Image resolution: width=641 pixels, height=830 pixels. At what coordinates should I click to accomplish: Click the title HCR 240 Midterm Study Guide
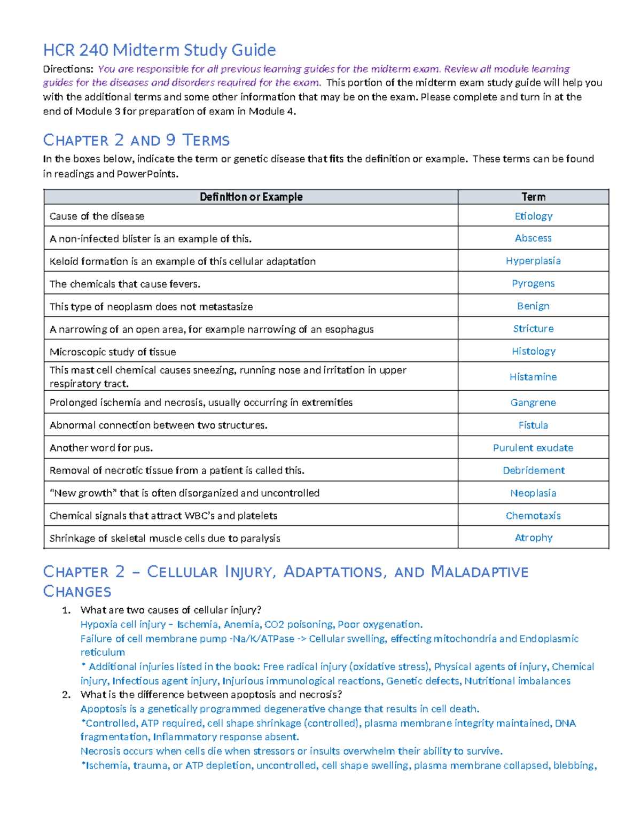click(x=159, y=50)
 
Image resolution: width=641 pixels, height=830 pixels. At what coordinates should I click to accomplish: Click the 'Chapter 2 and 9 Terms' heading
click(x=136, y=140)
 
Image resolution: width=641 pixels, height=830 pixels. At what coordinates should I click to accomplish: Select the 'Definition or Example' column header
click(x=251, y=197)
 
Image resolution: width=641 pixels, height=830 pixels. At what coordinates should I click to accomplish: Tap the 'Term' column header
click(x=533, y=197)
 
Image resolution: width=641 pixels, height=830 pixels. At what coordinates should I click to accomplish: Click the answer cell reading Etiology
click(x=533, y=216)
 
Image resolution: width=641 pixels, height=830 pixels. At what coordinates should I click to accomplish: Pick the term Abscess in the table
click(x=533, y=238)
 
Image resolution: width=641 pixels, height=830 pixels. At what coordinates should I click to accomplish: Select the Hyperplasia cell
click(x=533, y=261)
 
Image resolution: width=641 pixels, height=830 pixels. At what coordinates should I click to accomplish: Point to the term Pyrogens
click(x=533, y=283)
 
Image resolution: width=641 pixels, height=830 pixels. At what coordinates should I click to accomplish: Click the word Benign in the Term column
click(x=533, y=306)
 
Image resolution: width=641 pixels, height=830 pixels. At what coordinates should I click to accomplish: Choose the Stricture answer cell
click(x=533, y=329)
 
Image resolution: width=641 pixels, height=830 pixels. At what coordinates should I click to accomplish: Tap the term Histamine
click(x=533, y=377)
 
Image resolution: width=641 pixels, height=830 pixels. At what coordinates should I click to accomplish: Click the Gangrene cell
click(x=533, y=402)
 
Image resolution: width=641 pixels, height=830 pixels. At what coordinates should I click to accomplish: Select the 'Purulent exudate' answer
click(x=533, y=448)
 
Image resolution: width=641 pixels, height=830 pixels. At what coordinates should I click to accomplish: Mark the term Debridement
click(x=533, y=470)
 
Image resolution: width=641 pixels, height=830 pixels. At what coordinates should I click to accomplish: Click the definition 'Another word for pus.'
click(x=101, y=448)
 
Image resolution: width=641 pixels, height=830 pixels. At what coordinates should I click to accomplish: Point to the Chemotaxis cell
click(x=533, y=516)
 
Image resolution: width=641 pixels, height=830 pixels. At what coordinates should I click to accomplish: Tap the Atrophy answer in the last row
click(x=533, y=538)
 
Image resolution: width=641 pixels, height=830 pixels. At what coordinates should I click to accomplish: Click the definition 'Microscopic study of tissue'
click(x=113, y=352)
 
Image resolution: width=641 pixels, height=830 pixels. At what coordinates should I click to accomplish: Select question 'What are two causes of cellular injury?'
click(x=171, y=610)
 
